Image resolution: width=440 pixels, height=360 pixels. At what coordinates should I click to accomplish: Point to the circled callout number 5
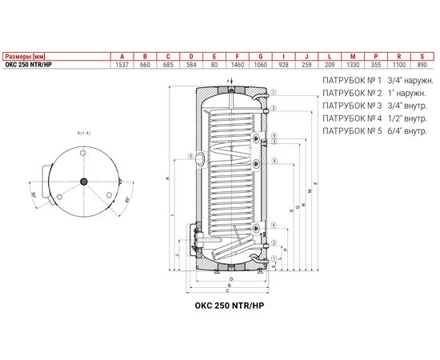[x=190, y=156]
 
